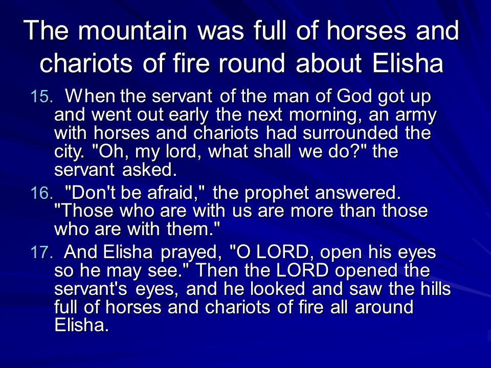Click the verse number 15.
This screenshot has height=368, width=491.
[x=41, y=97]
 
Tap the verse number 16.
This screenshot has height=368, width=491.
[x=41, y=193]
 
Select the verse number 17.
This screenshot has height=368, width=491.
[x=41, y=252]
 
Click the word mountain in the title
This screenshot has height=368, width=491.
[x=132, y=31]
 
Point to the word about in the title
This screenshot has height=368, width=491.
[x=329, y=63]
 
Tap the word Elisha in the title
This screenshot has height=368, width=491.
[x=408, y=63]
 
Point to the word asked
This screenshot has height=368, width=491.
[x=150, y=169]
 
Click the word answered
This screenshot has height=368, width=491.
[x=358, y=193]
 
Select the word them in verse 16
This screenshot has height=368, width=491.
[x=193, y=229]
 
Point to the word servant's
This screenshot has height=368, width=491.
[x=91, y=288]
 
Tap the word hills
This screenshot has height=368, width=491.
[x=436, y=288]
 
